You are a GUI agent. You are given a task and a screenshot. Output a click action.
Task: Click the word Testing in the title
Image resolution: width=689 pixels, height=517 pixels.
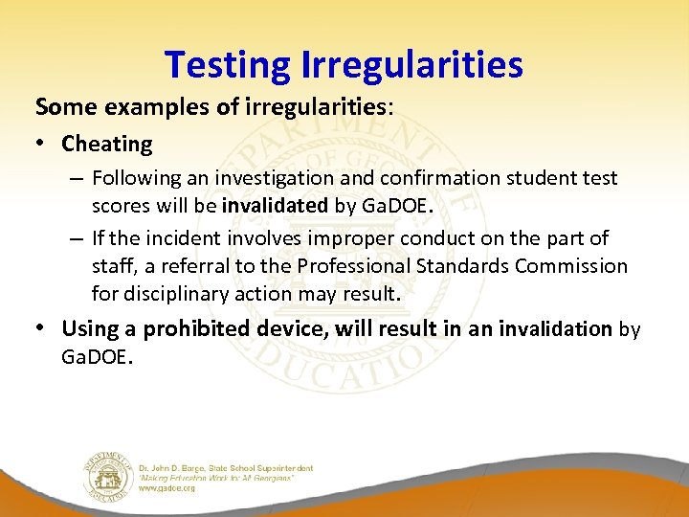click(x=228, y=65)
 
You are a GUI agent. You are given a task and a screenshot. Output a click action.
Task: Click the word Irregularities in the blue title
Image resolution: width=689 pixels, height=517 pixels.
click(x=412, y=65)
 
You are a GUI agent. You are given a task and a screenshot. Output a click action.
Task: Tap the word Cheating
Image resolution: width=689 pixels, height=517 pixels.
click(x=106, y=145)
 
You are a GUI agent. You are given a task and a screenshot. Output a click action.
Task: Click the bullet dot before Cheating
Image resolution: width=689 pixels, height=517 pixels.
click(x=44, y=145)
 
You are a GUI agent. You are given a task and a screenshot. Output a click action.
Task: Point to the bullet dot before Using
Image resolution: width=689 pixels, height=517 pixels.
click(x=44, y=328)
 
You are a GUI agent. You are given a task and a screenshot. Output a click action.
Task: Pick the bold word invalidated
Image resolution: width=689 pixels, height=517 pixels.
click(x=275, y=206)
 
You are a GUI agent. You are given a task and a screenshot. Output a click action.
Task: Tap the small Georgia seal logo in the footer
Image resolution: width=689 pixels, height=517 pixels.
click(x=106, y=473)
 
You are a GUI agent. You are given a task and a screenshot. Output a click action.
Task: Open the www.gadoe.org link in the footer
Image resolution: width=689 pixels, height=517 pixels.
click(x=167, y=488)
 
